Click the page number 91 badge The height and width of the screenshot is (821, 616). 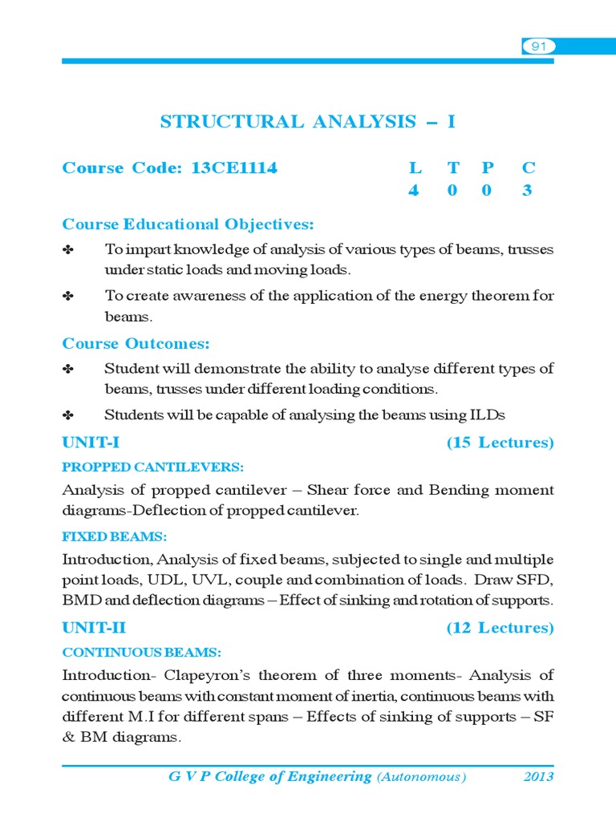tap(538, 47)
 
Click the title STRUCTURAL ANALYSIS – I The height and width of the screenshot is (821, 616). tap(308, 122)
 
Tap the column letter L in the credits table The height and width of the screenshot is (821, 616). tap(415, 168)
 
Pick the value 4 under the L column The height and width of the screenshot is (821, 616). tap(414, 191)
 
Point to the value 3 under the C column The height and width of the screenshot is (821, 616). tap(527, 191)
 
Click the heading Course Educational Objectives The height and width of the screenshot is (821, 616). tap(188, 224)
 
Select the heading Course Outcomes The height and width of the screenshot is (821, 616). tap(136, 344)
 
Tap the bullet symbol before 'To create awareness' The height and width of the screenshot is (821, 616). tap(68, 296)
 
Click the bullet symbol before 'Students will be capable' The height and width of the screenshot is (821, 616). tap(68, 415)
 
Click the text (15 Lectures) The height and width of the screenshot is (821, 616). tap(500, 443)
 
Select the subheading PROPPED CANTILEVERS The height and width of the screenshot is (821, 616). tap(153, 467)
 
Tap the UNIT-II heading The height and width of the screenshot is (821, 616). tap(94, 629)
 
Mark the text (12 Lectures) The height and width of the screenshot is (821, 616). tap(500, 629)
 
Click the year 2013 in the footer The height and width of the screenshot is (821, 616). tap(538, 777)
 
